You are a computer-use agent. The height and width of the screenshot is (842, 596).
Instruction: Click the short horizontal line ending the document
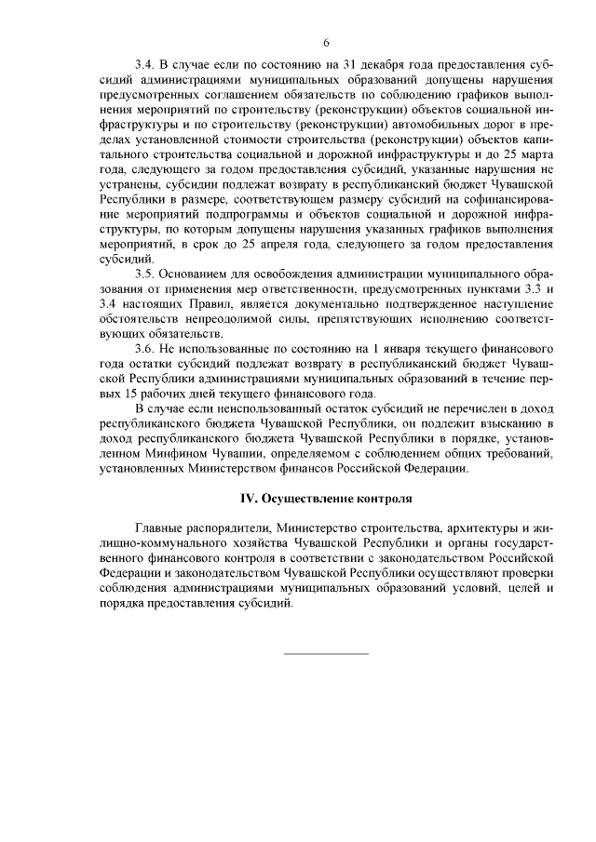tap(326, 652)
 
